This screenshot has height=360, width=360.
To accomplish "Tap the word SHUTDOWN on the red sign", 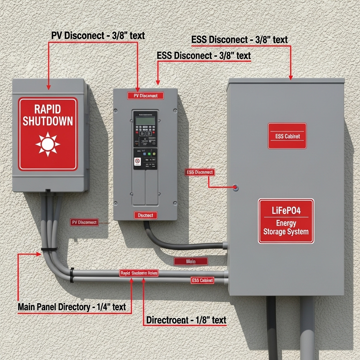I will (x=48, y=121).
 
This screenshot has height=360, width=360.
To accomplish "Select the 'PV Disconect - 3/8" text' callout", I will (x=98, y=36).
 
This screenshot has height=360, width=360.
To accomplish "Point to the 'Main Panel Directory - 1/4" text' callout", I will (x=72, y=307).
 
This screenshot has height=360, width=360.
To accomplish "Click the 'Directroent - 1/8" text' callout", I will (x=186, y=320).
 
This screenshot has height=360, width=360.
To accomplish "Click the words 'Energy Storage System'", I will (x=286, y=227).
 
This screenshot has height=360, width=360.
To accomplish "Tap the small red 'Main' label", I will (x=191, y=261).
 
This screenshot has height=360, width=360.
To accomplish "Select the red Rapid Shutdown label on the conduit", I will (x=139, y=273).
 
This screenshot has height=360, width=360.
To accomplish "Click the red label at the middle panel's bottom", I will (x=146, y=215).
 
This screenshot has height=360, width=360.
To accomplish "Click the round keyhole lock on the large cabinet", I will (x=236, y=188).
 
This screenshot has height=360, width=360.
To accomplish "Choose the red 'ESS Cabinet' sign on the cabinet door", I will (x=287, y=136).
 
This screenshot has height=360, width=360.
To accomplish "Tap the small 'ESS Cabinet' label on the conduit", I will (x=202, y=280).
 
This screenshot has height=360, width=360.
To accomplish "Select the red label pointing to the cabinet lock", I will (x=199, y=172).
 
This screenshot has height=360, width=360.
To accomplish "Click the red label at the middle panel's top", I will (x=146, y=96).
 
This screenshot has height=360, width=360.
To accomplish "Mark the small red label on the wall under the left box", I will (x=84, y=222).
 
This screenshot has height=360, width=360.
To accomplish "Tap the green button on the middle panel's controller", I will (x=149, y=154).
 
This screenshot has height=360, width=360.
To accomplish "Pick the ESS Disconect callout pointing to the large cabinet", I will (x=240, y=40).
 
